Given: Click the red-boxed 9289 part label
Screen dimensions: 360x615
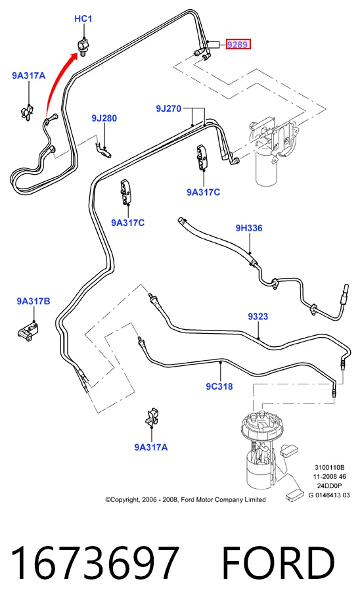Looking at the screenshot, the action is (238, 45).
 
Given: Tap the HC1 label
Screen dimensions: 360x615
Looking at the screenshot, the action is (83, 18).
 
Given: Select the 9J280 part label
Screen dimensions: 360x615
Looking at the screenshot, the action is (104, 118).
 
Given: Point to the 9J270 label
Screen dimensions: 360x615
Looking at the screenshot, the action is (169, 108).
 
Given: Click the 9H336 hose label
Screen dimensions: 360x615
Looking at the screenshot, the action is (249, 228).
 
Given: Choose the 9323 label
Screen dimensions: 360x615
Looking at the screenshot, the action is (258, 316).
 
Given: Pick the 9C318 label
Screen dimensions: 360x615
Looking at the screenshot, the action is (219, 386).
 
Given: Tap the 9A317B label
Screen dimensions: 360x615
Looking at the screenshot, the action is (34, 301).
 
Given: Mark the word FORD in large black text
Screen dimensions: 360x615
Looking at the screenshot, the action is (279, 563).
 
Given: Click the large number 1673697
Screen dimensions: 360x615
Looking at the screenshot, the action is (95, 563).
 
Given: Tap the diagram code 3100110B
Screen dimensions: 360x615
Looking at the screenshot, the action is (329, 468).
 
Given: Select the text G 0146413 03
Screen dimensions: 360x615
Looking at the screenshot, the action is (329, 495).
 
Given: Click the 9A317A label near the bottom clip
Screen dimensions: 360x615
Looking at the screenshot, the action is (151, 447).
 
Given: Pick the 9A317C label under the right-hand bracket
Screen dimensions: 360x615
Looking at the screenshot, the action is (203, 192).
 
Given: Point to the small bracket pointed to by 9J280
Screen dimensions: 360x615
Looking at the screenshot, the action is (103, 149).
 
